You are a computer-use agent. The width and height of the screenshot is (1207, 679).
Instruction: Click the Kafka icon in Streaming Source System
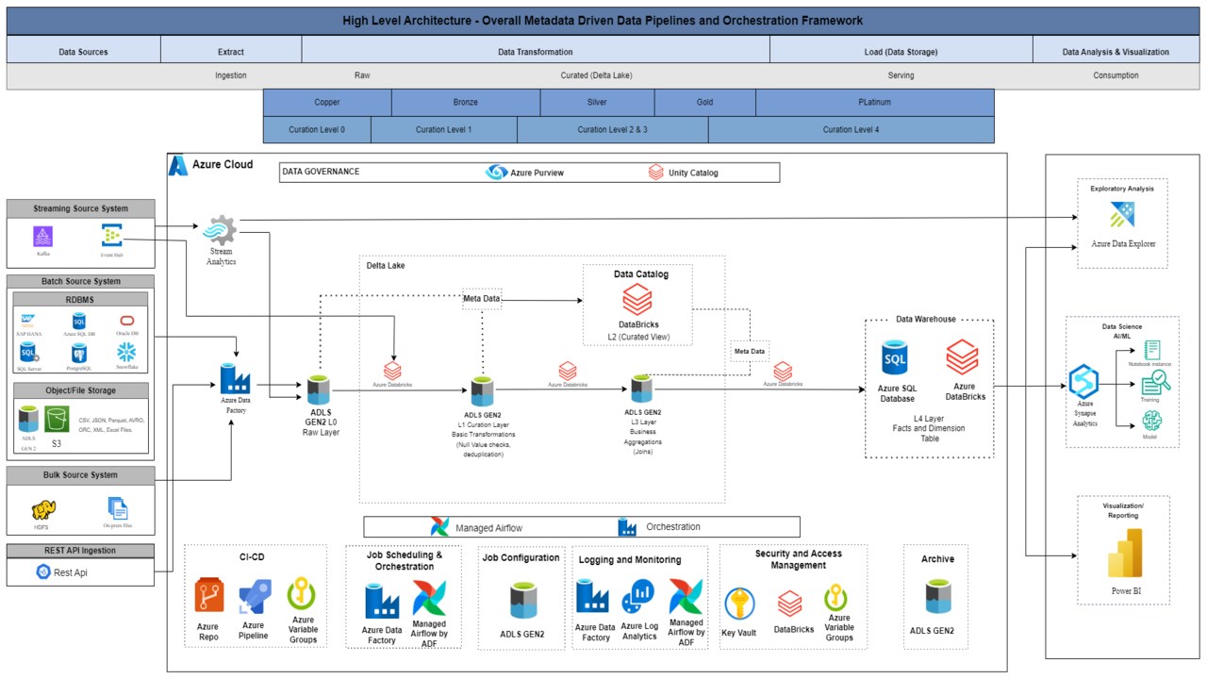(42, 236)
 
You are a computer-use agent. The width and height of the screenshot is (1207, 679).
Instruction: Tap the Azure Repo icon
(208, 597)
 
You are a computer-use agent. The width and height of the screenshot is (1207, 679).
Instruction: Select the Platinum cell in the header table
(874, 102)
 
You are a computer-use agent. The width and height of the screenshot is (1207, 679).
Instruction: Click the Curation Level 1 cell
(443, 129)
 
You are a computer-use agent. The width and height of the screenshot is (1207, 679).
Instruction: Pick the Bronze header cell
(465, 102)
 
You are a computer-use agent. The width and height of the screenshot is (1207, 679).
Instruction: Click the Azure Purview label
(537, 173)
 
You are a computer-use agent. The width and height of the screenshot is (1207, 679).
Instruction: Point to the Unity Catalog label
(692, 173)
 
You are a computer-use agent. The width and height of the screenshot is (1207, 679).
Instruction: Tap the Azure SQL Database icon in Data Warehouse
(895, 359)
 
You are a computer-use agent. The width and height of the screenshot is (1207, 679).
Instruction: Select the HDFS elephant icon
(43, 509)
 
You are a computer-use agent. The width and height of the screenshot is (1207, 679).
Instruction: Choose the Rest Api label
(72, 571)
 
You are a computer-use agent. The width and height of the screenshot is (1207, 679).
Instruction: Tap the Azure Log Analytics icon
(638, 598)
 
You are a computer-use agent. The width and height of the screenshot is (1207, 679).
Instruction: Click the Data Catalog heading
(640, 274)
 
